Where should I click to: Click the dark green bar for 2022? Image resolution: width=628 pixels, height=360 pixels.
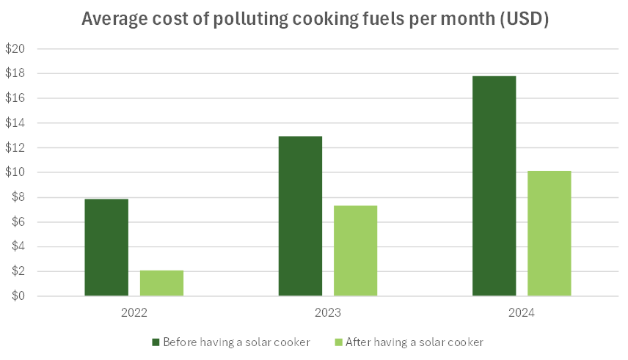106,248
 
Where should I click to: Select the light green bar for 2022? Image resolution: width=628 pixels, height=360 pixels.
162,283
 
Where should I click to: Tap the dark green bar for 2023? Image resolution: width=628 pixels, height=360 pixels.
300,216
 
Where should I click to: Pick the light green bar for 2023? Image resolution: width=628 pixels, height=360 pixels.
356,251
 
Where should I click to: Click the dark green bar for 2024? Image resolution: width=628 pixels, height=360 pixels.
494,185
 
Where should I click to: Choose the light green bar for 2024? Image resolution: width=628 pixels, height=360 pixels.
549,233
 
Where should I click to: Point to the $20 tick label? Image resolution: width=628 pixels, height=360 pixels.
15,49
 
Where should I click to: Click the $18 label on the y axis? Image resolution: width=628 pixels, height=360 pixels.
15,73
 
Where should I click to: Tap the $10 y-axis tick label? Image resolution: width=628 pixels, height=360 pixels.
15,172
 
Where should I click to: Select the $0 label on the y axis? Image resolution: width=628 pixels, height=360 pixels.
18,296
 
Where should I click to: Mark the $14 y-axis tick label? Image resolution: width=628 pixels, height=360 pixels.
15,123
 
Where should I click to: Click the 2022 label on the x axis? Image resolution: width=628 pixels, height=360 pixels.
134,312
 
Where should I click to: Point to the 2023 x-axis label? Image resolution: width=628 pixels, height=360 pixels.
328,312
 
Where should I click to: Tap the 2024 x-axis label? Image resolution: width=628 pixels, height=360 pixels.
522,312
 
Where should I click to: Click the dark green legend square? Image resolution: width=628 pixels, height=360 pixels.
156,342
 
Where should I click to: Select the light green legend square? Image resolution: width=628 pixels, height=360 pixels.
338,342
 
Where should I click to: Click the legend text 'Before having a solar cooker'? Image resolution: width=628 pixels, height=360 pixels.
237,342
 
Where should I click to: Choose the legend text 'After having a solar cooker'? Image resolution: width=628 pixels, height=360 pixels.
415,342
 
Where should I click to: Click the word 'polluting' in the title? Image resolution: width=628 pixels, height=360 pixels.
250,19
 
